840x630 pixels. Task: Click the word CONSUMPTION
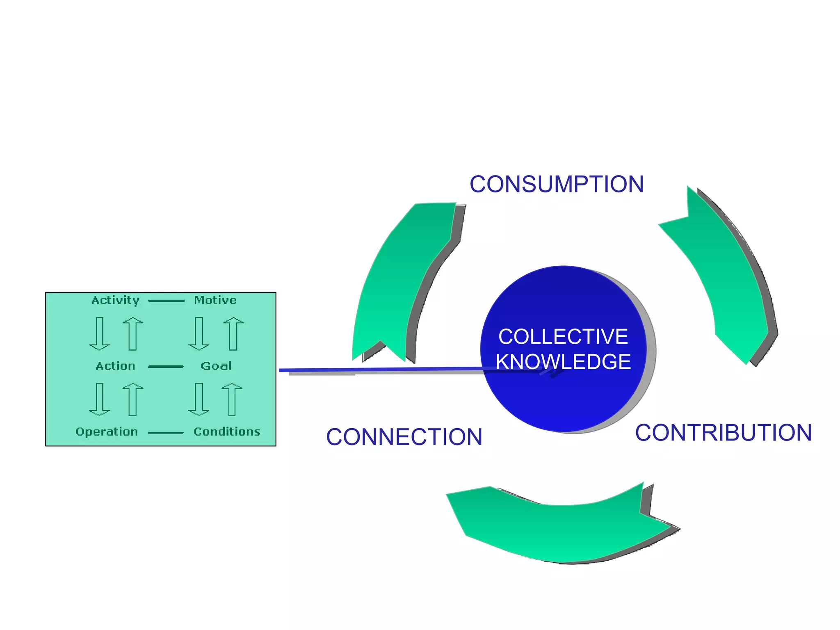click(557, 184)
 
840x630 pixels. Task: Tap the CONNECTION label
click(404, 437)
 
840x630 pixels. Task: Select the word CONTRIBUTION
click(723, 433)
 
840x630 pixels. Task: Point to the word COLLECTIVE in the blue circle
click(563, 337)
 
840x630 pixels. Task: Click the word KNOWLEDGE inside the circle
click(563, 362)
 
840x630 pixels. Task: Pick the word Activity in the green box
click(115, 300)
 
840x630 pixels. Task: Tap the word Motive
click(215, 300)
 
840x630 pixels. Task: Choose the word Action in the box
click(115, 366)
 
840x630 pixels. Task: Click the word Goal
click(216, 366)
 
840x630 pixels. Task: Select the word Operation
click(107, 432)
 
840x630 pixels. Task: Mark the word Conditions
click(227, 432)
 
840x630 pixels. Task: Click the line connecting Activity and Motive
click(166, 301)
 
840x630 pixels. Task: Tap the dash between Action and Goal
click(166, 367)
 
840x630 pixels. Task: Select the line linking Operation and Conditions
click(166, 433)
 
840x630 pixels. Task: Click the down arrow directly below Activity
click(100, 333)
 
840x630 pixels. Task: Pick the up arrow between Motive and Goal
click(233, 333)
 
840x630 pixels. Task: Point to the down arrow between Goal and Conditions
click(199, 399)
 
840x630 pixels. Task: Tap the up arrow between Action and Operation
click(133, 399)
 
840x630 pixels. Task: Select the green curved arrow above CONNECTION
click(400, 279)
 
